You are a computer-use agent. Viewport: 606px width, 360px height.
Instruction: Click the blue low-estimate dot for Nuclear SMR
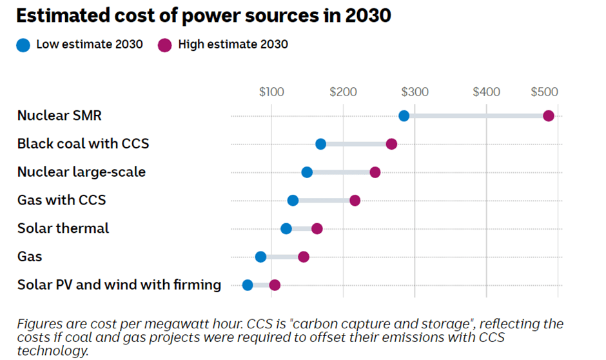404,116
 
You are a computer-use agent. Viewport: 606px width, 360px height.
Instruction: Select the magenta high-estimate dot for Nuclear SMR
549,116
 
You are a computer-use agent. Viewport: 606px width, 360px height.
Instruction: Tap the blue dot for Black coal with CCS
321,144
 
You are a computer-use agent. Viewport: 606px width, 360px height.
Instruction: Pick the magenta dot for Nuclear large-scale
375,172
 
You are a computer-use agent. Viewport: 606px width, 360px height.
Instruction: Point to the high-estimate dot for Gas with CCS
355,201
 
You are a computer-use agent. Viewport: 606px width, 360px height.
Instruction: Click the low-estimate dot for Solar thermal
286,228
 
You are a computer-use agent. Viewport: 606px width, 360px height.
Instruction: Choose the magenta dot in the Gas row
304,257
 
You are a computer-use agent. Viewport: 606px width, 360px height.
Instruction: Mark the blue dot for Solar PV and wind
248,285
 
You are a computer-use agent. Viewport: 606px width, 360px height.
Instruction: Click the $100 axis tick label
271,92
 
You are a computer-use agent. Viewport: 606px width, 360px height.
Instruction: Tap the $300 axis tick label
415,92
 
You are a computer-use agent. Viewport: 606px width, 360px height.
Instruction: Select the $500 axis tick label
544,92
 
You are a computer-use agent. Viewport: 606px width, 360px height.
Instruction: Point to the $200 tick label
343,92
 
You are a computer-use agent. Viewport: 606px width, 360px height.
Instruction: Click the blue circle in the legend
24,45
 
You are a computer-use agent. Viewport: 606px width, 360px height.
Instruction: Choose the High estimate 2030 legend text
233,45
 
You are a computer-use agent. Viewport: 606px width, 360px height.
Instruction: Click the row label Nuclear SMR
59,116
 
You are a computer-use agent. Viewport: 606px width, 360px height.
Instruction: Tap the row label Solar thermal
63,228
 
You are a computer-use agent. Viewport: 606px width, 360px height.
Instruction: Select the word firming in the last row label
196,285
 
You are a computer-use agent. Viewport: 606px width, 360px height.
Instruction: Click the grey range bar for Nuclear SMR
476,116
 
